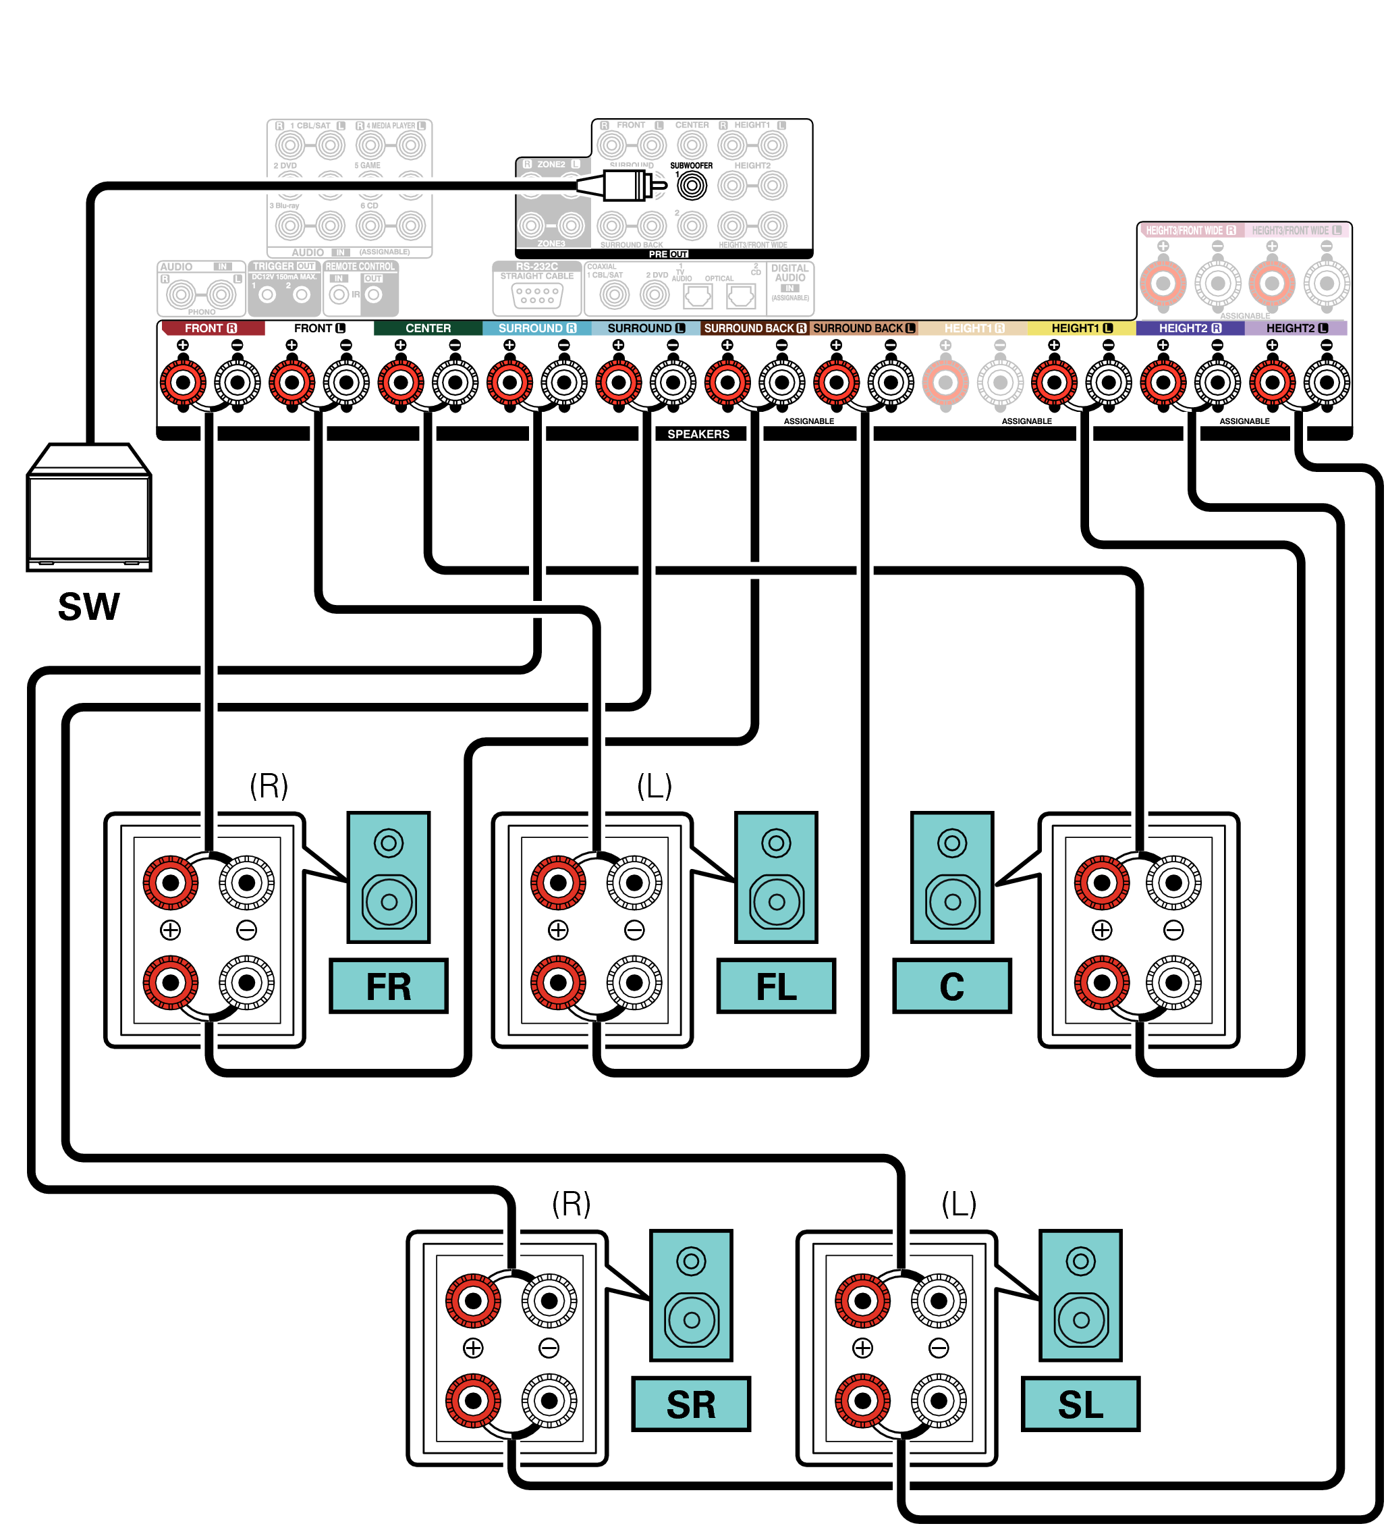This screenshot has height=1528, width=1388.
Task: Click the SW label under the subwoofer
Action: pos(88,606)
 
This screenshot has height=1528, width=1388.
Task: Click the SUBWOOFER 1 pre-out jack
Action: pos(691,185)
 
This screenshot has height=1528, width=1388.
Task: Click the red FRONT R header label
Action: pos(211,328)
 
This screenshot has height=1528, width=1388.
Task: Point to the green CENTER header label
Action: pos(428,328)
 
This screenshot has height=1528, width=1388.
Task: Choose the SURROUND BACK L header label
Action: pos(864,328)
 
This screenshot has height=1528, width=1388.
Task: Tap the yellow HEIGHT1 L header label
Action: pos(1081,328)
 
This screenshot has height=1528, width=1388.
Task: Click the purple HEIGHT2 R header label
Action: pos(1190,328)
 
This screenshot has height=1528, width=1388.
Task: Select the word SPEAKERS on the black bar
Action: pos(698,434)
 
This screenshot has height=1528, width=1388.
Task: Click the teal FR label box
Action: pos(389,986)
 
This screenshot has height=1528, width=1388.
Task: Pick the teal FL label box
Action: pos(776,986)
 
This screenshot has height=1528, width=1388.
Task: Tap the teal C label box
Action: pos(951,986)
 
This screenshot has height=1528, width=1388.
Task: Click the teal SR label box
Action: pos(690,1404)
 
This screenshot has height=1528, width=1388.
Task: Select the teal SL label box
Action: pos(1080,1404)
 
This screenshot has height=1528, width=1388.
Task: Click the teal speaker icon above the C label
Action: pos(951,877)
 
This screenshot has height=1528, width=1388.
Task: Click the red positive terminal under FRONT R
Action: pos(183,382)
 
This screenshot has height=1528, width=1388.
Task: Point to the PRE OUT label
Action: pos(667,255)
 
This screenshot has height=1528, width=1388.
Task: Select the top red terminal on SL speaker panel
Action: pos(862,1301)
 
